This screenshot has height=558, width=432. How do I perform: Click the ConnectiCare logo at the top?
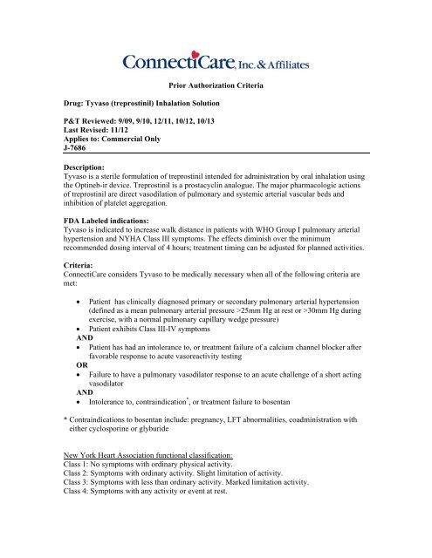[216, 63]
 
